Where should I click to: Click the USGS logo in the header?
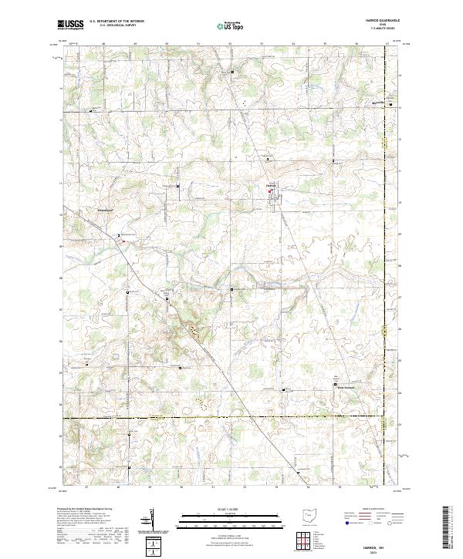pos(71,25)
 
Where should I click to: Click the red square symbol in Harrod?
pos(270,192)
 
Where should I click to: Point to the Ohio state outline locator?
pos(309,516)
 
